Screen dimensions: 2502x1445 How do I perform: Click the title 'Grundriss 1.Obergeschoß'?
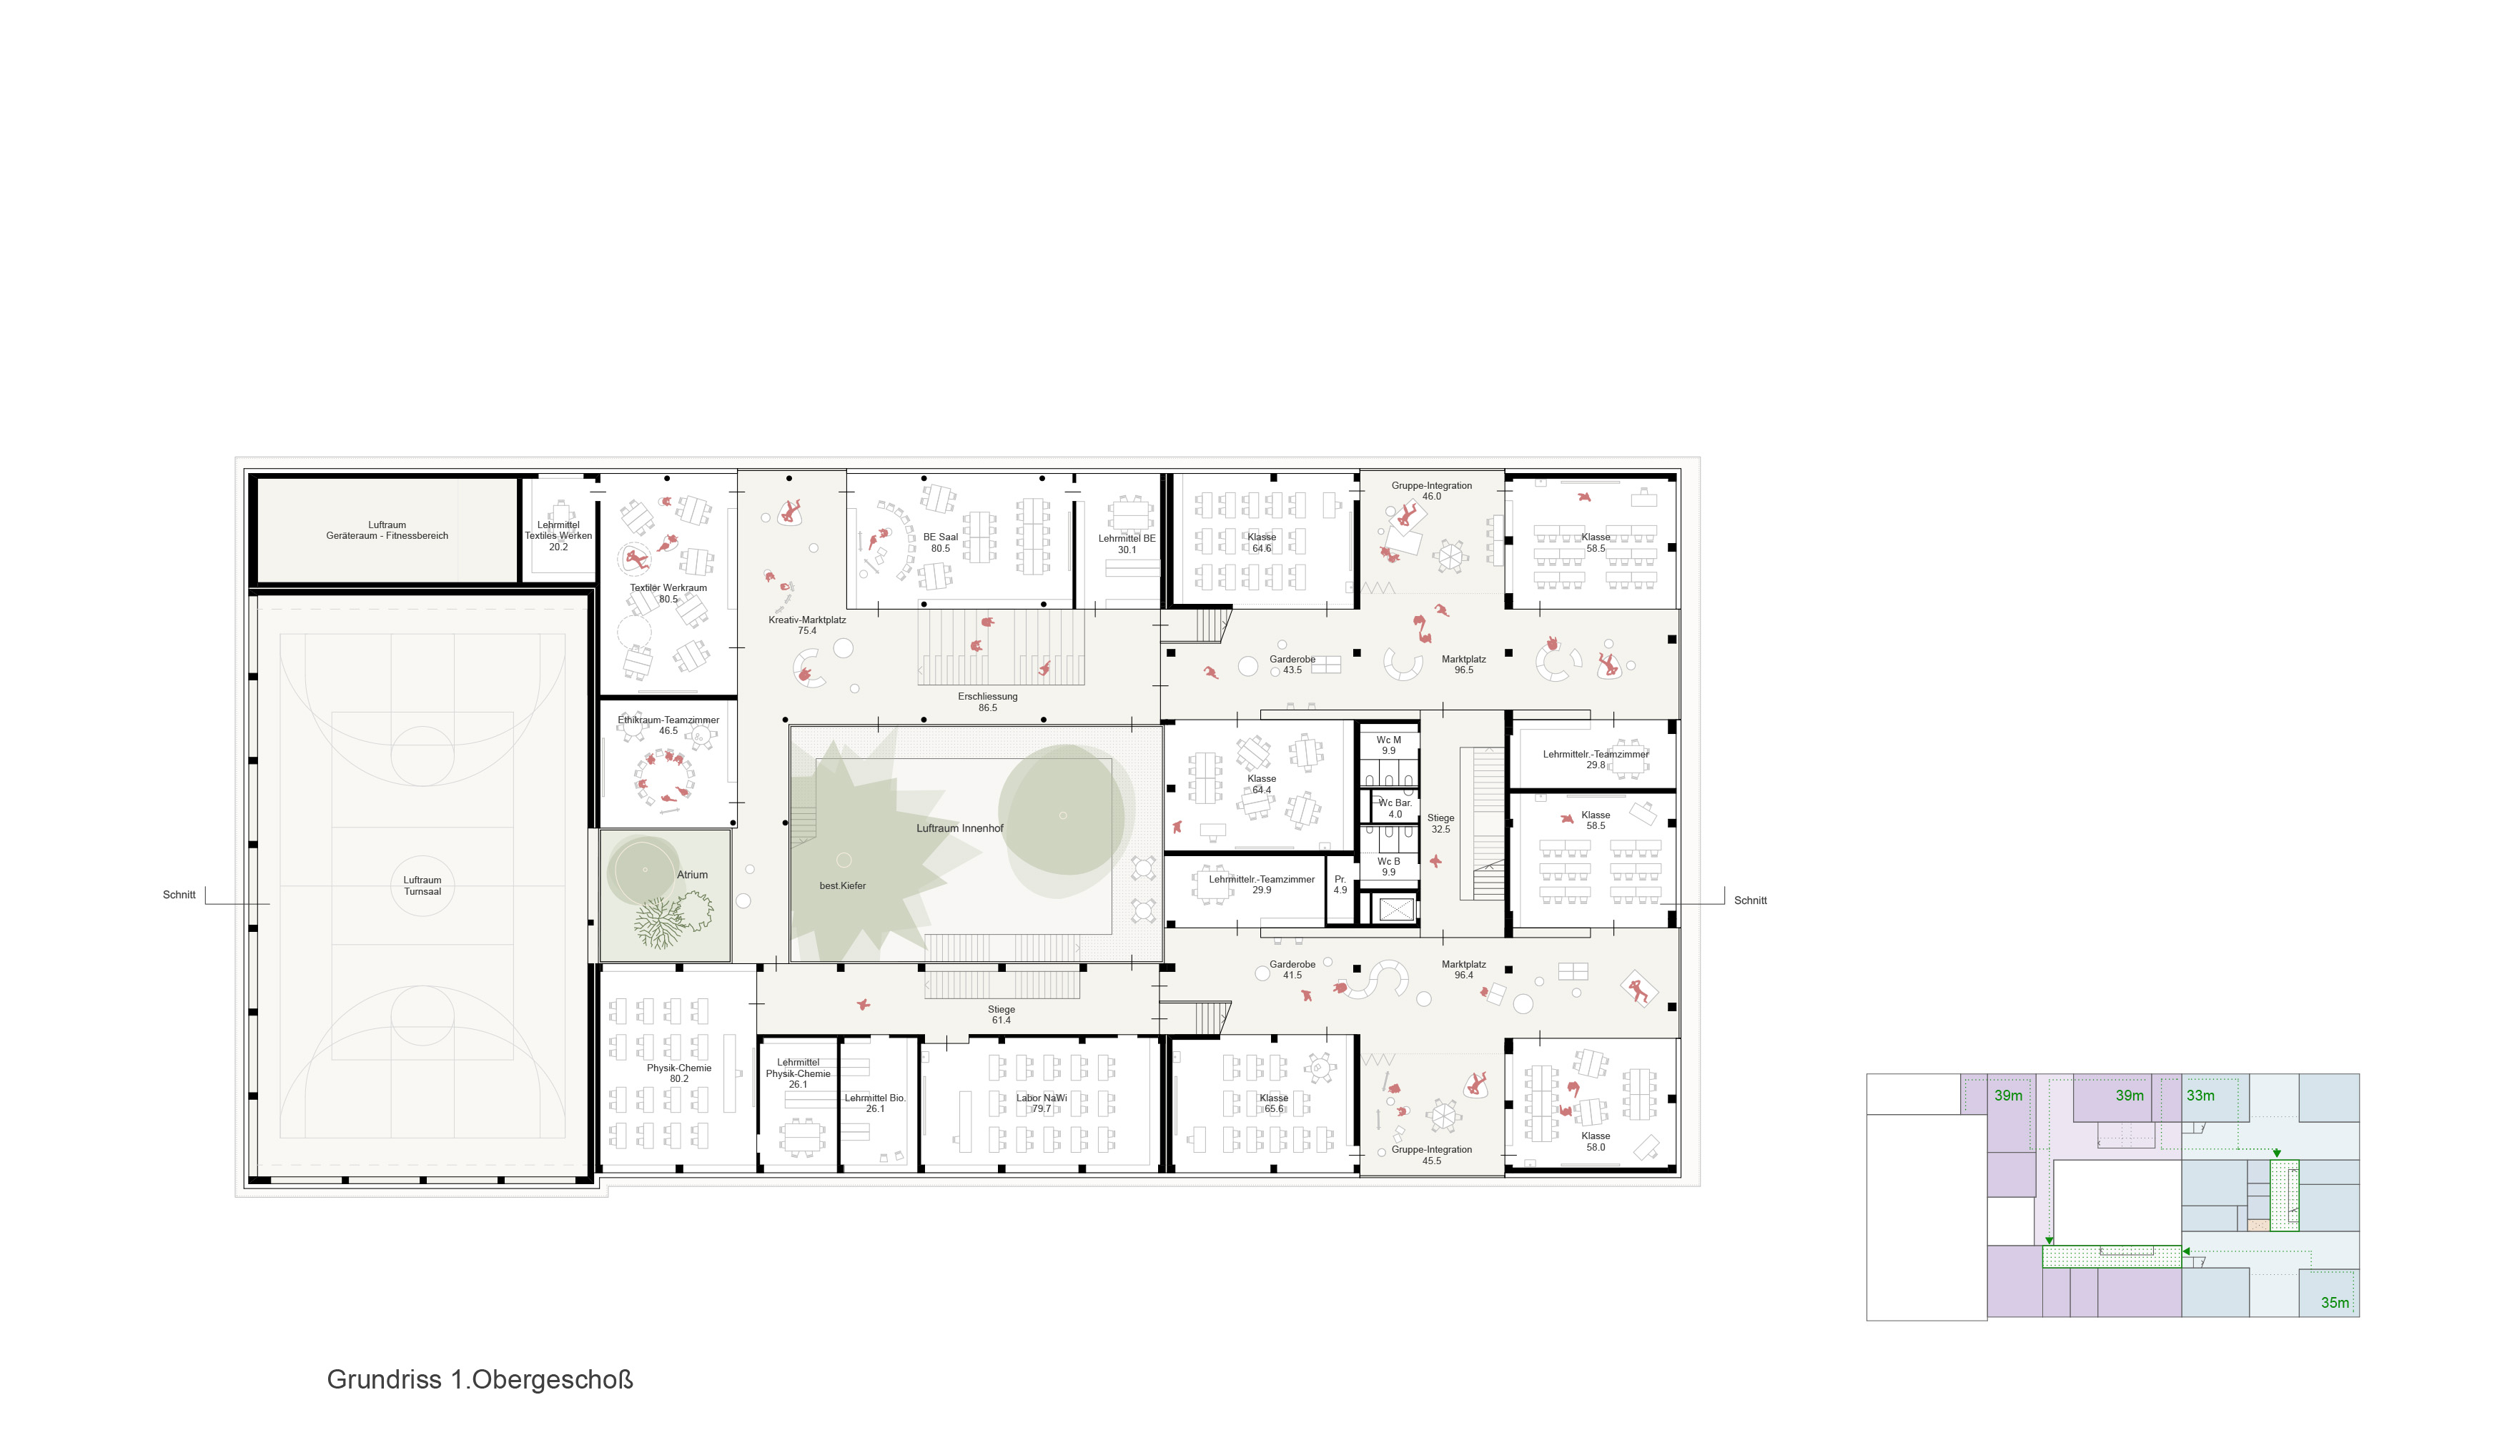[480, 1379]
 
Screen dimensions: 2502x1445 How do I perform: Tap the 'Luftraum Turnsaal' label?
[422, 885]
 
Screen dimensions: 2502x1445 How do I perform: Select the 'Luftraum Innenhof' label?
[960, 828]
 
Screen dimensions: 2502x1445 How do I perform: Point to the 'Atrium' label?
[692, 874]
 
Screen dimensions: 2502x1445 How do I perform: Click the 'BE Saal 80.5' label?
[940, 542]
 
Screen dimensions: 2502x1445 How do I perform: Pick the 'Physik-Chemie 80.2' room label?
[679, 1073]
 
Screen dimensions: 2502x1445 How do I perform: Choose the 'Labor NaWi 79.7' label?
[1041, 1103]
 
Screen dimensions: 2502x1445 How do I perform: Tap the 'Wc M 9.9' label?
[1388, 745]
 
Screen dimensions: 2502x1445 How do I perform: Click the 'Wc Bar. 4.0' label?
[1395, 808]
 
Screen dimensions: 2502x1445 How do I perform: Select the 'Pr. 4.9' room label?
[1340, 884]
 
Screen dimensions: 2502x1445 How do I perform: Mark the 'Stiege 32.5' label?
[1440, 824]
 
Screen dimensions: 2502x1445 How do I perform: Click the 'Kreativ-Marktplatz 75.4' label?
[807, 625]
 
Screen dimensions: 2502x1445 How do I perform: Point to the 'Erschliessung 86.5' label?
[987, 702]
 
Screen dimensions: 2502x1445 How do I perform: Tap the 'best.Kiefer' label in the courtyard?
[843, 885]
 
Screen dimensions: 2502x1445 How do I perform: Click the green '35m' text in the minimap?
[2334, 1302]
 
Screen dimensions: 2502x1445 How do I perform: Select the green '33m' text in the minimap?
[2200, 1095]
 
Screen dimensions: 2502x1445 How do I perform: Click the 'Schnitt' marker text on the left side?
[179, 894]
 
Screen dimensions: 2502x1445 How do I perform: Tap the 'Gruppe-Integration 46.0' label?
[1431, 490]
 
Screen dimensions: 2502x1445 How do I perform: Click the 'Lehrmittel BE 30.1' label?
[1127, 544]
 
